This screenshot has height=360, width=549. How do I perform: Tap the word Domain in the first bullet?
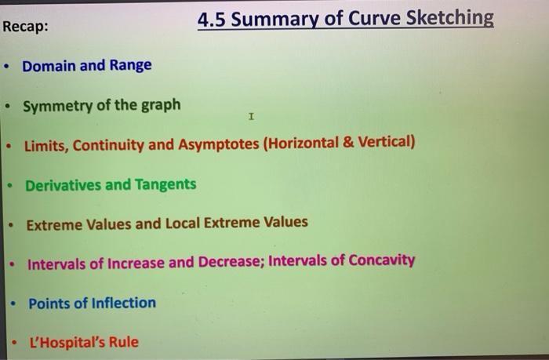(x=49, y=66)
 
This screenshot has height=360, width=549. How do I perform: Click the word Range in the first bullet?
(x=130, y=66)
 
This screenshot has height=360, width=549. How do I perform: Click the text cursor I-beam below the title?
(x=250, y=118)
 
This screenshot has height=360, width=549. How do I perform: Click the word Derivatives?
(x=63, y=185)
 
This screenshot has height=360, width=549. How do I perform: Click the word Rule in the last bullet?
(x=124, y=342)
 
